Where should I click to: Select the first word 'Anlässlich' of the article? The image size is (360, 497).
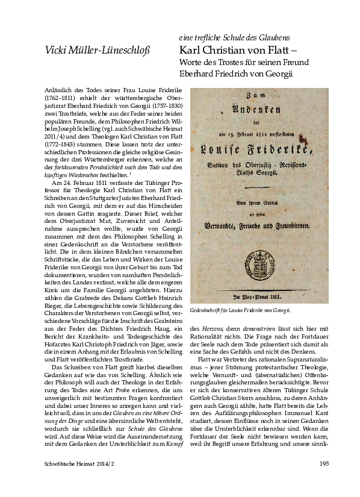tap(60, 89)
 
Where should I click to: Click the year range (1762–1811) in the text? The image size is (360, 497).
tap(63, 96)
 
